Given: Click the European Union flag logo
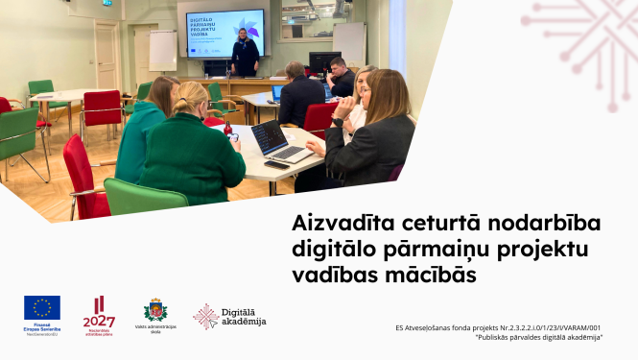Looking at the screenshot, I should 42,308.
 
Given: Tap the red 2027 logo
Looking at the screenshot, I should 98,314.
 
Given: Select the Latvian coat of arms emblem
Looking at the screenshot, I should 155,309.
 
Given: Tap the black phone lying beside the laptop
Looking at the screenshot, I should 276,165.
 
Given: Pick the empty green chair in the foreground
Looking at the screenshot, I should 144,197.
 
